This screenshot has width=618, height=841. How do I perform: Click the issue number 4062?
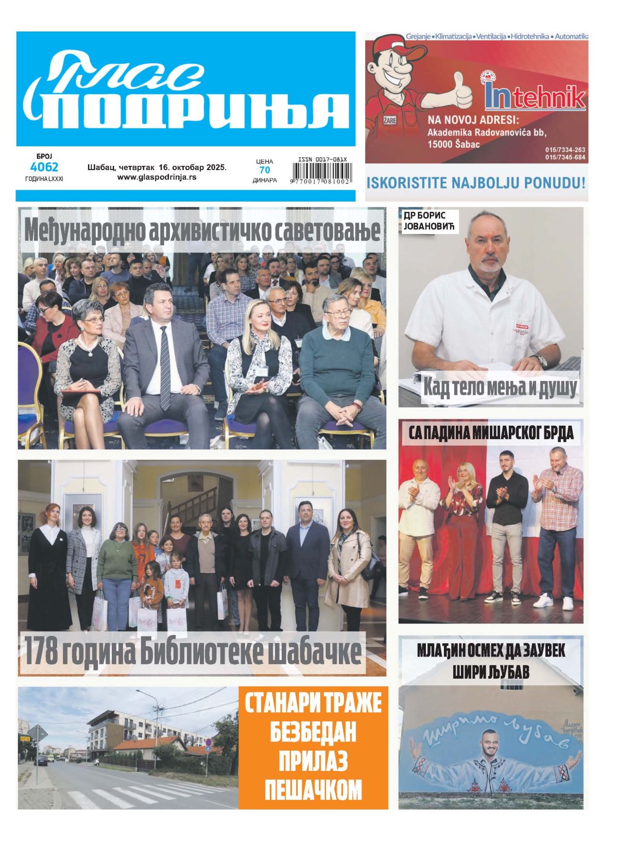(x=44, y=167)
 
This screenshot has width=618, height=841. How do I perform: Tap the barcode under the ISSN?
(x=322, y=171)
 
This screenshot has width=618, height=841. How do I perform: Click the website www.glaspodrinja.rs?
(x=157, y=177)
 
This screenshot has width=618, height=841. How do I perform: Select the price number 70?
(x=264, y=170)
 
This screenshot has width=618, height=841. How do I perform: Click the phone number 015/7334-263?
(x=565, y=150)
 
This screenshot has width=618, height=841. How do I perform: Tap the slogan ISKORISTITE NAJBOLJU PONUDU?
(x=476, y=182)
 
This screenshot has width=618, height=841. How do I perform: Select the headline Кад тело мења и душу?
(x=499, y=387)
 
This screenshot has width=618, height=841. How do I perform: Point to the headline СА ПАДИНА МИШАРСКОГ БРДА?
(x=491, y=433)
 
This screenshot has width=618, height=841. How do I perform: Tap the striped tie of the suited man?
(x=164, y=368)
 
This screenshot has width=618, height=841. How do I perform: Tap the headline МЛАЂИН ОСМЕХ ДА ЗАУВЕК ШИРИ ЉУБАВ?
(x=491, y=661)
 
